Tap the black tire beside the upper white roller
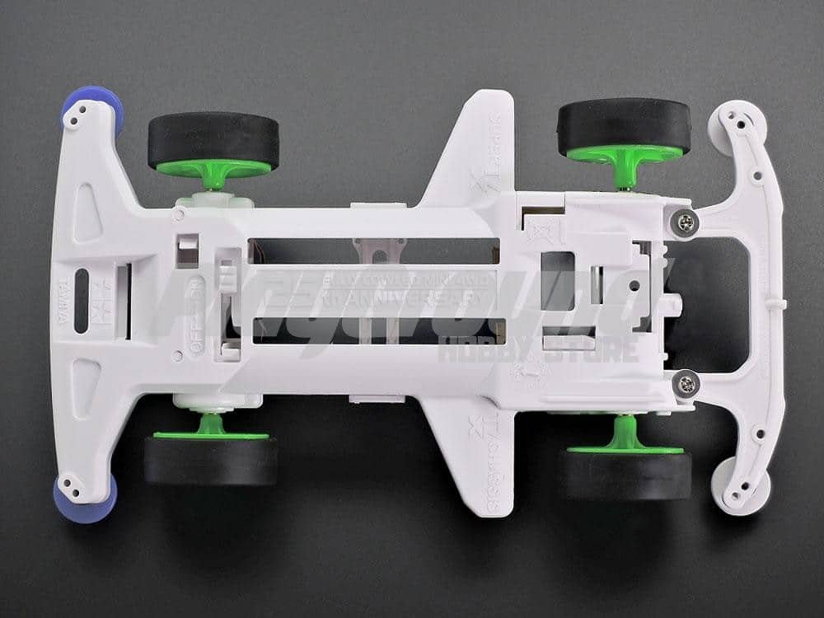pyautogui.click(x=624, y=125)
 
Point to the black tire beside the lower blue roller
pyautogui.click(x=211, y=460)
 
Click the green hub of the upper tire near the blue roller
pyautogui.click(x=214, y=168)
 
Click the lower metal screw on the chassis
pyautogui.click(x=683, y=381)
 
